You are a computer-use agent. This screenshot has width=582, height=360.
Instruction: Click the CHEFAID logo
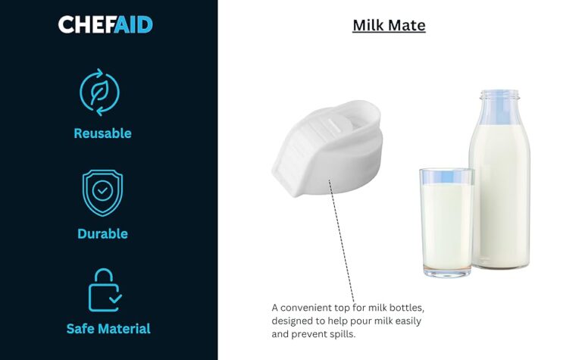pyautogui.click(x=105, y=24)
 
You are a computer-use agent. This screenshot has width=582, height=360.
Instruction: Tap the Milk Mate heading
pyautogui.click(x=389, y=25)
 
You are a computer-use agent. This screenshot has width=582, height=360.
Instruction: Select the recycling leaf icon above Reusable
pyautogui.click(x=99, y=92)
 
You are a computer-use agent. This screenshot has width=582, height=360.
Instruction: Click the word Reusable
pyautogui.click(x=102, y=133)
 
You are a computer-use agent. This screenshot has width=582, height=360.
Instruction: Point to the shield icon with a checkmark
pyautogui.click(x=102, y=193)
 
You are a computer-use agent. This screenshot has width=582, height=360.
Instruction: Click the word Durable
pyautogui.click(x=102, y=234)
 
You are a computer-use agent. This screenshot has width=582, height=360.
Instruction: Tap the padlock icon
pyautogui.click(x=105, y=290)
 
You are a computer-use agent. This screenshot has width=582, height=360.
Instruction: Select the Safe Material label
pyautogui.click(x=108, y=329)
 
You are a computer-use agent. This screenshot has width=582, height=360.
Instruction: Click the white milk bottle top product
pyautogui.click(x=327, y=148)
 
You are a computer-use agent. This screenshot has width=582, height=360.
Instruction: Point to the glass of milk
pyautogui.click(x=447, y=222)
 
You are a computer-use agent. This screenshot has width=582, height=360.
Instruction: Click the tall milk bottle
pyautogui.click(x=500, y=179)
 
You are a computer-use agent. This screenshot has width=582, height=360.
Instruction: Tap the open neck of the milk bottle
pyautogui.click(x=499, y=95)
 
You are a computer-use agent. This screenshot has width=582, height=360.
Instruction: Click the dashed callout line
pyautogui.click(x=342, y=241)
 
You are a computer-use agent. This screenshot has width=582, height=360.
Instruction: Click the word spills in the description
pyautogui.click(x=343, y=334)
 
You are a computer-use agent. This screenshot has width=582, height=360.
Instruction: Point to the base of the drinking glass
pyautogui.click(x=447, y=273)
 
